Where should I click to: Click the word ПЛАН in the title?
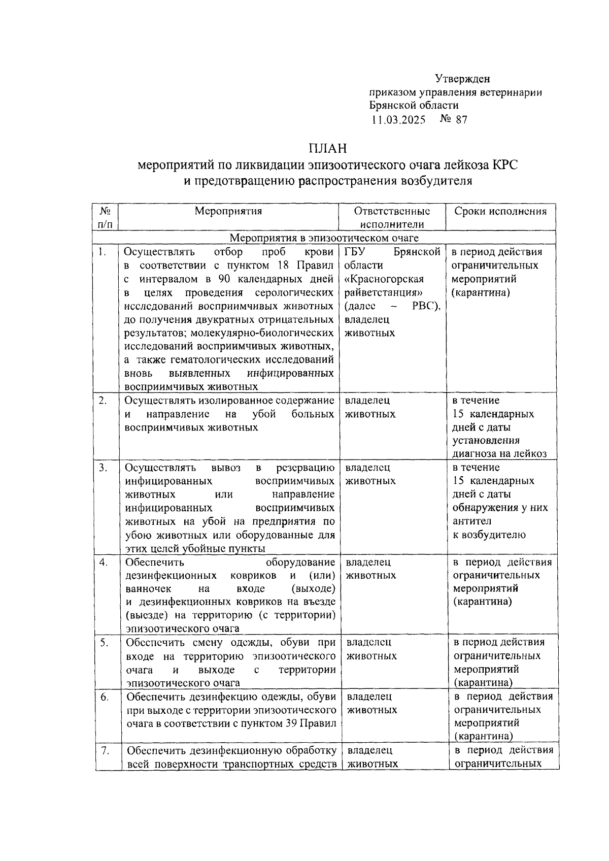tap(327, 149)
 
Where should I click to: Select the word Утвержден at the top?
tap(462, 79)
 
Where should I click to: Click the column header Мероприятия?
tap(228, 212)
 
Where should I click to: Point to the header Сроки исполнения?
tap(501, 212)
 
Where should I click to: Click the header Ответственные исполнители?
tap(392, 218)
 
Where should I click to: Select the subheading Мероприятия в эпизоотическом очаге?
tap(324, 238)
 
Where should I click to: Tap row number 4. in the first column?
tap(104, 562)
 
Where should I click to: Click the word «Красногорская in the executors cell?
tap(384, 279)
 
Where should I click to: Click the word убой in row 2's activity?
tap(264, 414)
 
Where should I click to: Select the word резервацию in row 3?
tap(305, 468)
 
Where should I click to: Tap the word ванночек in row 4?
tap(149, 589)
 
